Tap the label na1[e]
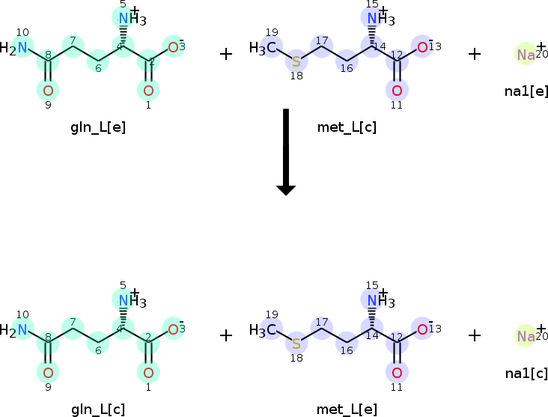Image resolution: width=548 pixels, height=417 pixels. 526,91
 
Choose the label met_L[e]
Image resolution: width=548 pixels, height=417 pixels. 347,408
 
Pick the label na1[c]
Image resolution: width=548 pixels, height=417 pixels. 526,373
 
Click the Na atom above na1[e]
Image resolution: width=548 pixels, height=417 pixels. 526,55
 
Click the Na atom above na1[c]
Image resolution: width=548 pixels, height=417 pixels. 526,337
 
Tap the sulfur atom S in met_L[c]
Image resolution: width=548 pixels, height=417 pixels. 296,61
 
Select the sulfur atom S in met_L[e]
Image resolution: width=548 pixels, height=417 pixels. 296,344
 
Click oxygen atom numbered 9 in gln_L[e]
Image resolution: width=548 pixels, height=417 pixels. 48,91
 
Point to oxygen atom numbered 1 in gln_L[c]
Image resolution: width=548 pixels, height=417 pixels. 148,373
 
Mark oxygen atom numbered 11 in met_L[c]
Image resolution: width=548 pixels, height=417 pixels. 397,91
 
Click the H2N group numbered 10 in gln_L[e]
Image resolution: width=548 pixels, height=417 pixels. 16,49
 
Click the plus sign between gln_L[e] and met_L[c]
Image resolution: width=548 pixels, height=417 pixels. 226,54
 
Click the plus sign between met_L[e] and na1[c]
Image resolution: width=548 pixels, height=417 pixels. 475,335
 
